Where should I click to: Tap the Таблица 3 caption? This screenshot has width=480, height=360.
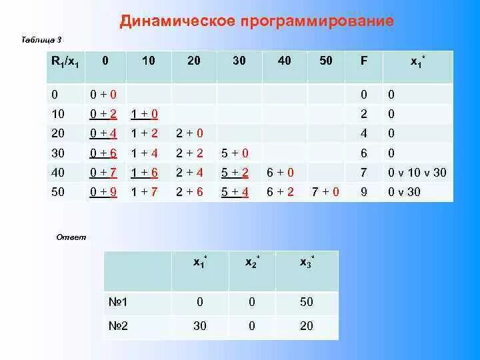[x=42, y=41]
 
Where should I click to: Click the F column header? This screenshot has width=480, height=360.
[x=363, y=61]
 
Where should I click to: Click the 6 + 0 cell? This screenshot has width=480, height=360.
[x=280, y=173]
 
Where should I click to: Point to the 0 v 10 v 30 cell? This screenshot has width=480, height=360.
[x=417, y=173]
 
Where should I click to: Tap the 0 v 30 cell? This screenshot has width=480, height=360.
[x=404, y=192]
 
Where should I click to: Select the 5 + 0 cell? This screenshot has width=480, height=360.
[x=235, y=153]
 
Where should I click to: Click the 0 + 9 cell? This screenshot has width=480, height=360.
[x=104, y=192]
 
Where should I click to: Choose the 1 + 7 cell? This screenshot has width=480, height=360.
[x=145, y=192]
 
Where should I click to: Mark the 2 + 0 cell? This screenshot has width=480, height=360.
[x=189, y=134]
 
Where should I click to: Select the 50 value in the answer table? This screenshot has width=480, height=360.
[x=306, y=302]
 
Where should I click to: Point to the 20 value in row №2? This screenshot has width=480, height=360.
[x=306, y=326]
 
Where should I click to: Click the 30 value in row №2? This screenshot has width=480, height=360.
[x=199, y=326]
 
